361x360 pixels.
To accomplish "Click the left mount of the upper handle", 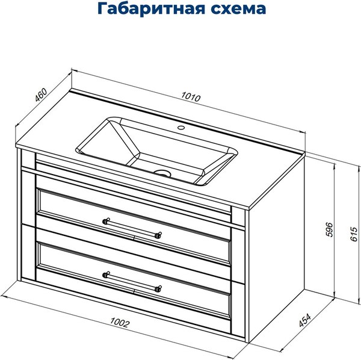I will (106, 221).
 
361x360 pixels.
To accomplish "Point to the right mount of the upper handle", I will (159, 235).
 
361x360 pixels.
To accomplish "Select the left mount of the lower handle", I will (106, 275).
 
